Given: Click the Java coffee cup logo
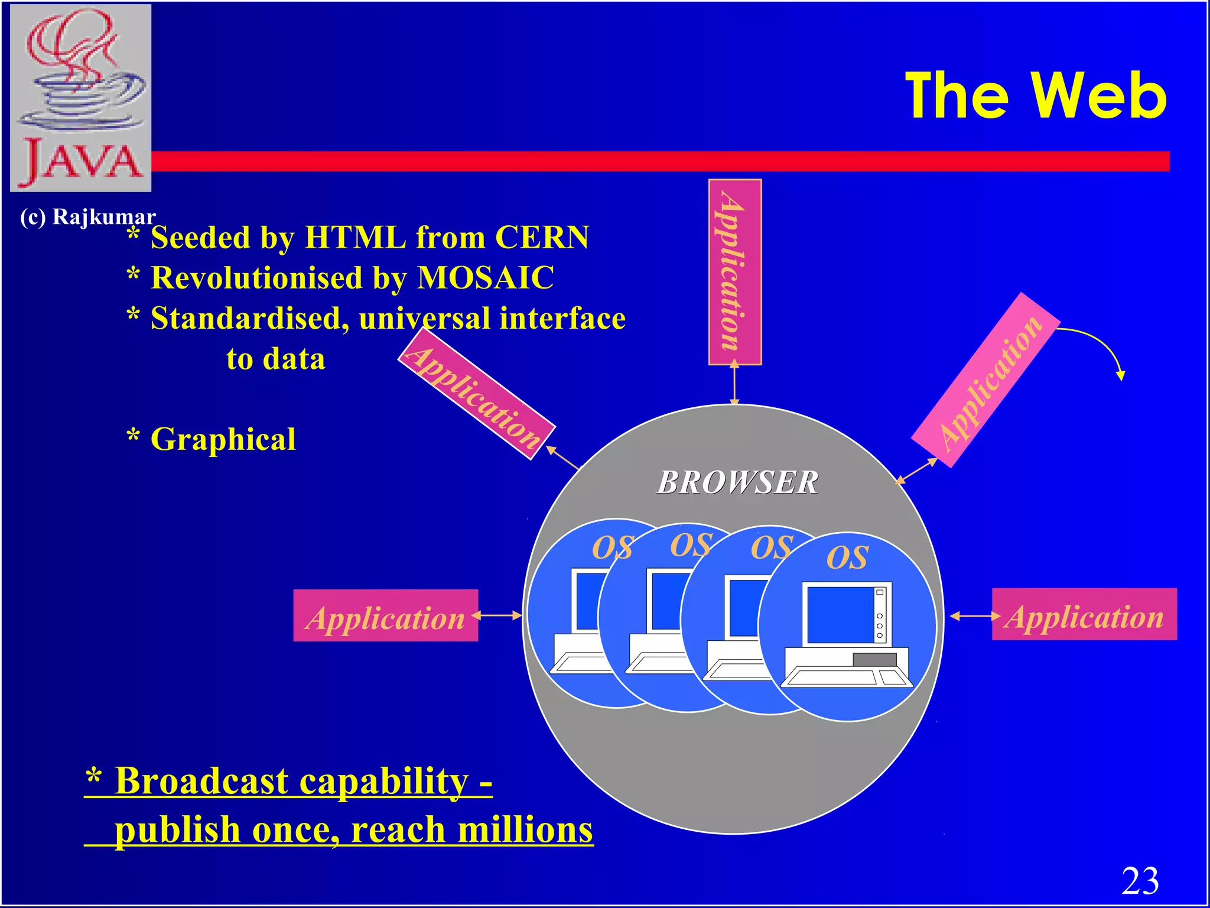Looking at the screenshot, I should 81,98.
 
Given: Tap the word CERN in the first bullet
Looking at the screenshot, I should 542,238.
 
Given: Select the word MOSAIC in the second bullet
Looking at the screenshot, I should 486,278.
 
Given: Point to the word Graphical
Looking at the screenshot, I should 223,439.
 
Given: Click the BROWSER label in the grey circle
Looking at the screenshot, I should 738,482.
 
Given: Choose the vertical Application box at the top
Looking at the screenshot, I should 734,272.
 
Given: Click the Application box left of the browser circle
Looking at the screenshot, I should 385,616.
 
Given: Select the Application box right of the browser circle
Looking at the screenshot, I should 1084,615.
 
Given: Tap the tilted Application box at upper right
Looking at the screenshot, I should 985,380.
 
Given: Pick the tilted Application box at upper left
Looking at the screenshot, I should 476,394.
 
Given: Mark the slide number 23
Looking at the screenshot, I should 1140,881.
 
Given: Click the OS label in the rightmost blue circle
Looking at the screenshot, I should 847,557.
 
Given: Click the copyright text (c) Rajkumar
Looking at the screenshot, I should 87,217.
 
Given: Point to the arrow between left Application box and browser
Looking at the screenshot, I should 498,615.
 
